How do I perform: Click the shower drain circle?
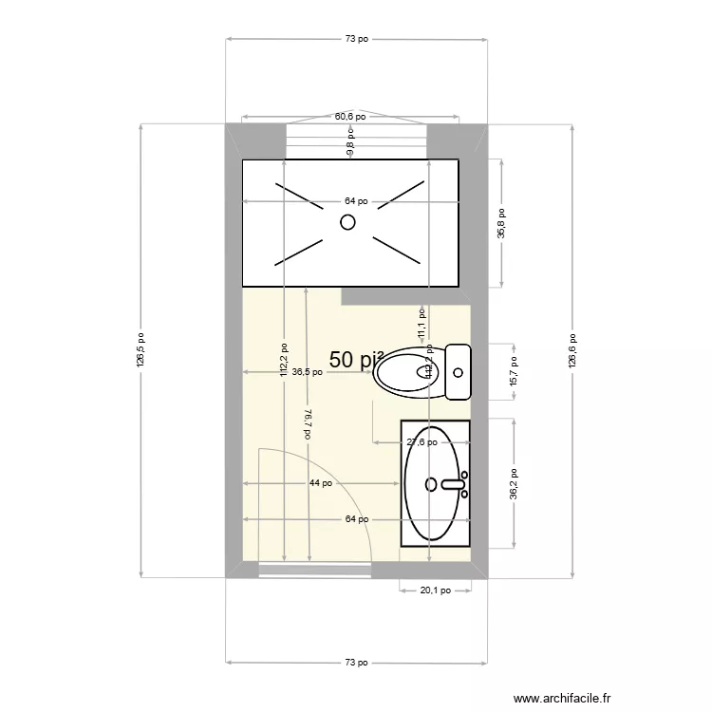point(347,222)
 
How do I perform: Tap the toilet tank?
point(459,371)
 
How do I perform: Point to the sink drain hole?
point(431,484)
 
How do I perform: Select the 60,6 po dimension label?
point(350,117)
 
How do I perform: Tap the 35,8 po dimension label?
point(502,225)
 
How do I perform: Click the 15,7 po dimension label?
point(514,369)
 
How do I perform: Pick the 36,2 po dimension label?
point(514,484)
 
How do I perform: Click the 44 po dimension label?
point(320,483)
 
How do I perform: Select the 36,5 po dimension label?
point(307,373)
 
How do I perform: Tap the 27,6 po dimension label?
point(422,441)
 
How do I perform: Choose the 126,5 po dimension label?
point(141,350)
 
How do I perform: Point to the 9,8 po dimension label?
point(349,146)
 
